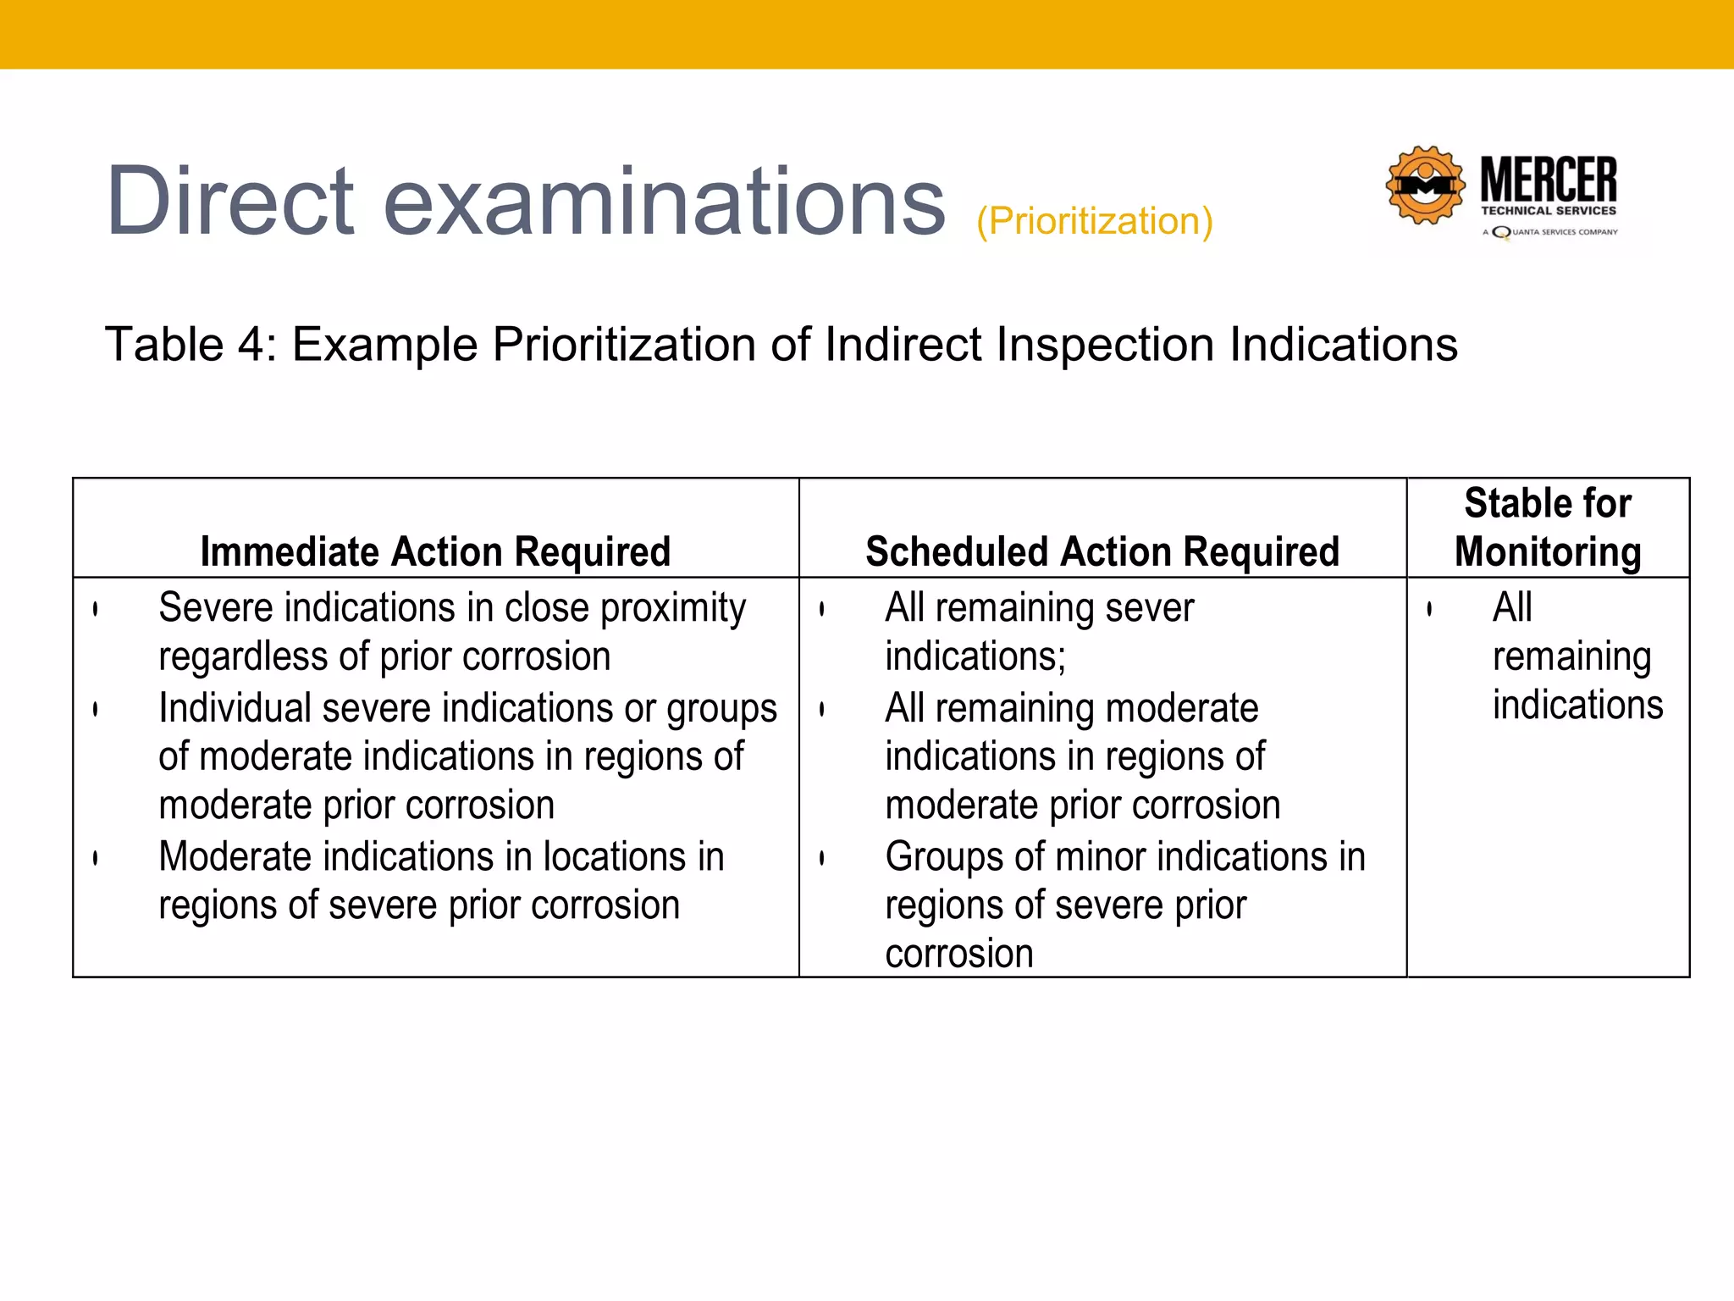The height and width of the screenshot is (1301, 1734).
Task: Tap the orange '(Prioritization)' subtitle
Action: (x=1095, y=222)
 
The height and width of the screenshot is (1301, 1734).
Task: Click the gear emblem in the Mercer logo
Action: (x=1425, y=185)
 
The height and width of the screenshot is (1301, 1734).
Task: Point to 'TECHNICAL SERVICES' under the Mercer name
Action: (x=1548, y=211)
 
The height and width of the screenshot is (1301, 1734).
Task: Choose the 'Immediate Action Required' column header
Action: (x=435, y=551)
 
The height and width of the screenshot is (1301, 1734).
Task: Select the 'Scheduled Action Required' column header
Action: (x=1102, y=551)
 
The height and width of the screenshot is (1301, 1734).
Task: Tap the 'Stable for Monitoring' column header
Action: (x=1548, y=527)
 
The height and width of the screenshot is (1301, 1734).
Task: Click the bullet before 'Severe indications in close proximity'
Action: (x=96, y=609)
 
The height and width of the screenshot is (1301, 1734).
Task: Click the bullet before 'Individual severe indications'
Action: (x=96, y=709)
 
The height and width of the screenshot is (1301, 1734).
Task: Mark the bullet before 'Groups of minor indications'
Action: (x=822, y=858)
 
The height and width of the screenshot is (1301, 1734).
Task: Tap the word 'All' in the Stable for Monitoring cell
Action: (x=1512, y=607)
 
